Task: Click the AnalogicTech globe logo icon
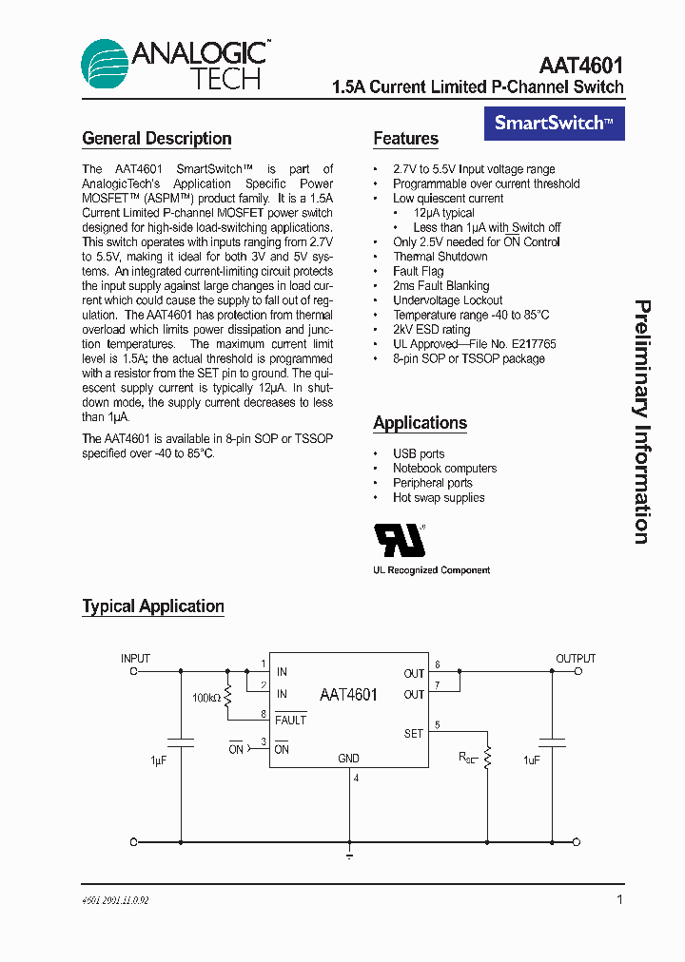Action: [x=104, y=66]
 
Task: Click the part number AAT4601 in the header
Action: [x=580, y=66]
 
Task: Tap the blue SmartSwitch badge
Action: [x=555, y=123]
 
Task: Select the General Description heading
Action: [x=157, y=139]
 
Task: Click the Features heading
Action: [x=405, y=139]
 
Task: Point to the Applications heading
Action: [x=420, y=423]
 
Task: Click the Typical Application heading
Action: [x=153, y=606]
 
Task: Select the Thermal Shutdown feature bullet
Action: [x=440, y=257]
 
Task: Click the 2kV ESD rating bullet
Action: [x=432, y=329]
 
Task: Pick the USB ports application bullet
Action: [x=419, y=453]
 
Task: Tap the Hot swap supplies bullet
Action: [x=439, y=497]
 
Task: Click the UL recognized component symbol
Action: [x=401, y=540]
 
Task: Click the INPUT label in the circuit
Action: [x=135, y=658]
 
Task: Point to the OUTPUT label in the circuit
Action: [x=576, y=658]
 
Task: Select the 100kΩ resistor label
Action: [x=205, y=698]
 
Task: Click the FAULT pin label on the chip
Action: [x=290, y=720]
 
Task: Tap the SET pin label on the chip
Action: [x=413, y=733]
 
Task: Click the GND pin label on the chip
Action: [x=348, y=759]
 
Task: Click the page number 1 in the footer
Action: [x=619, y=899]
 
